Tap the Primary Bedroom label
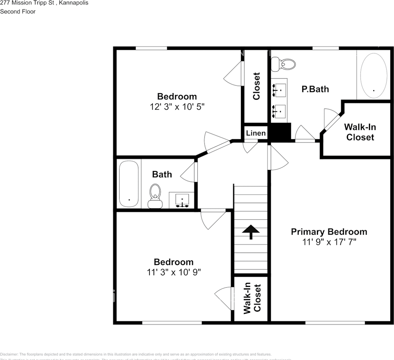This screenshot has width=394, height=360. click(x=329, y=232)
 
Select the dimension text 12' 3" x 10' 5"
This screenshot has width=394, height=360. click(x=177, y=107)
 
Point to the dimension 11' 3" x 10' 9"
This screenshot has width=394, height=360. click(x=174, y=272)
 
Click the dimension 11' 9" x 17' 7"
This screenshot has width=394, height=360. click(x=329, y=242)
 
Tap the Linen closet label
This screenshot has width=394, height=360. click(x=256, y=133)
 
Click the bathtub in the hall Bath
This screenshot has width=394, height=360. click(x=129, y=184)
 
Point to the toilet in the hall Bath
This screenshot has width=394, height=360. click(x=155, y=195)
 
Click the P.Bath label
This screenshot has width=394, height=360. click(x=315, y=89)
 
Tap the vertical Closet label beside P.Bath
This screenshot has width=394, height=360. click(x=256, y=86)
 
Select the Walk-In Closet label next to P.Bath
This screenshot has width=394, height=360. click(x=360, y=132)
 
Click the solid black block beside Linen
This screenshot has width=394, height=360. click(x=281, y=132)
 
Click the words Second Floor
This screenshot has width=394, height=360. click(x=18, y=12)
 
